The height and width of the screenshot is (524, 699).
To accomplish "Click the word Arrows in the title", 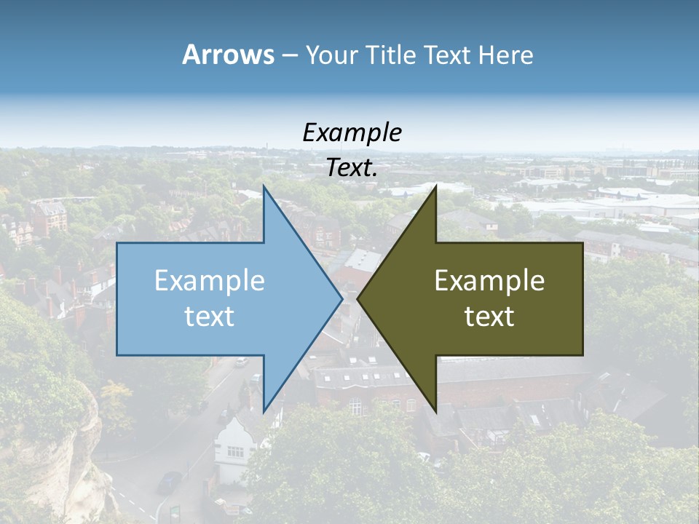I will (228, 55).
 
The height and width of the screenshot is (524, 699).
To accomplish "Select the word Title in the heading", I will (392, 55).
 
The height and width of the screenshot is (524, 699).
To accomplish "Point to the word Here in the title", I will (506, 55).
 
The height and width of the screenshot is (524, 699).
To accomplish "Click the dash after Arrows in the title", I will (289, 56).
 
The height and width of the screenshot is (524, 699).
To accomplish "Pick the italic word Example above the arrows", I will (352, 132).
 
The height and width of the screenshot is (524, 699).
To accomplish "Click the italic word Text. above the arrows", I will (352, 167).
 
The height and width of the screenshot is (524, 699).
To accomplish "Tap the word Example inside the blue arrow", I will (209, 280).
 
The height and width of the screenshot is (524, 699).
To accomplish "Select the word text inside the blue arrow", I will (209, 317).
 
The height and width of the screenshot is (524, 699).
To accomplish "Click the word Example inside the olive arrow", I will (489, 280).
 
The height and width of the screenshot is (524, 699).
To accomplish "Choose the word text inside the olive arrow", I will (489, 317).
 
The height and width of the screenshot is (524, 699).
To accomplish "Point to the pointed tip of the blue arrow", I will (341, 298).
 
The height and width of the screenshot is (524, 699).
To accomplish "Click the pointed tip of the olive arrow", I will (358, 298).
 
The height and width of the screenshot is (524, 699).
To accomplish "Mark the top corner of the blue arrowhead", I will (264, 188).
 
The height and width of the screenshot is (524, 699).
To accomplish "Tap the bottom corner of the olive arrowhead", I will (435, 410).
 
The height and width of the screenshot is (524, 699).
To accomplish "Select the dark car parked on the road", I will (169, 481).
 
